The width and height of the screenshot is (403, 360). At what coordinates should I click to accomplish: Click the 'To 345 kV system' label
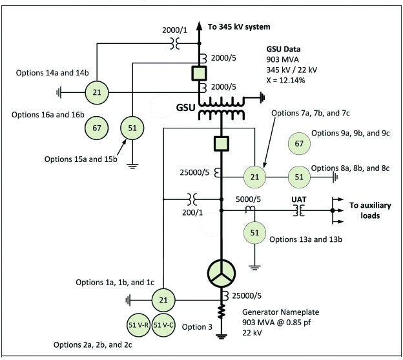pyautogui.click(x=238, y=26)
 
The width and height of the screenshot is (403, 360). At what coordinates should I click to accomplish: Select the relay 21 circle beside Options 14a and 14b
pyautogui.click(x=97, y=92)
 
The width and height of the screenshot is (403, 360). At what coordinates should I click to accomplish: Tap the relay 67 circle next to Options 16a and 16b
pyautogui.click(x=97, y=128)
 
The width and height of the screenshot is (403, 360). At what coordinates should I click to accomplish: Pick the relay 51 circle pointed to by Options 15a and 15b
pyautogui.click(x=132, y=128)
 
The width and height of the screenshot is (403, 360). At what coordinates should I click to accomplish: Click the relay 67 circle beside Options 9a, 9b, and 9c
pyautogui.click(x=298, y=143)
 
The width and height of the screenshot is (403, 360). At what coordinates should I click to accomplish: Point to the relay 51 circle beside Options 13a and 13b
pyautogui.click(x=254, y=232)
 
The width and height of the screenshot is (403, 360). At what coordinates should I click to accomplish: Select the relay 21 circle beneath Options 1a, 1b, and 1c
pyautogui.click(x=164, y=299)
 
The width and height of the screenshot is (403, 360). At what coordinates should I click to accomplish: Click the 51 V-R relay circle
pyautogui.click(x=138, y=325)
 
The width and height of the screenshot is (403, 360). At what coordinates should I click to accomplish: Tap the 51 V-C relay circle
pyautogui.click(x=164, y=325)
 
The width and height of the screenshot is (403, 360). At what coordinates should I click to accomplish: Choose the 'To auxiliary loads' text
pyautogui.click(x=371, y=210)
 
